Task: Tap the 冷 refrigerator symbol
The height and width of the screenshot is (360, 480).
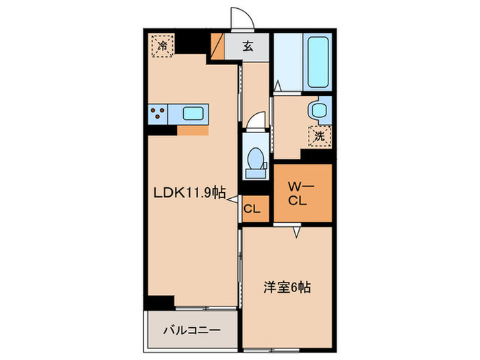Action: pyautogui.click(x=163, y=47)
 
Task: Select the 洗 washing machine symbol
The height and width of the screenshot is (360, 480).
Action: pyautogui.click(x=320, y=136)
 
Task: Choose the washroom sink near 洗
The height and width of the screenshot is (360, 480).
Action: pyautogui.click(x=319, y=110)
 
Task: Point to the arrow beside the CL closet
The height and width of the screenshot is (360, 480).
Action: pyautogui.click(x=234, y=200)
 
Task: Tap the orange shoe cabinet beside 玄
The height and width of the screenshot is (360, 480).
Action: pyautogui.click(x=218, y=47)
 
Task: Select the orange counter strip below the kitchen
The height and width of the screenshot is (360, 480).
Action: pyautogui.click(x=193, y=129)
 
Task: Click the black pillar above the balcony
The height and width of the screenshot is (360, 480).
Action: pyautogui.click(x=160, y=302)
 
